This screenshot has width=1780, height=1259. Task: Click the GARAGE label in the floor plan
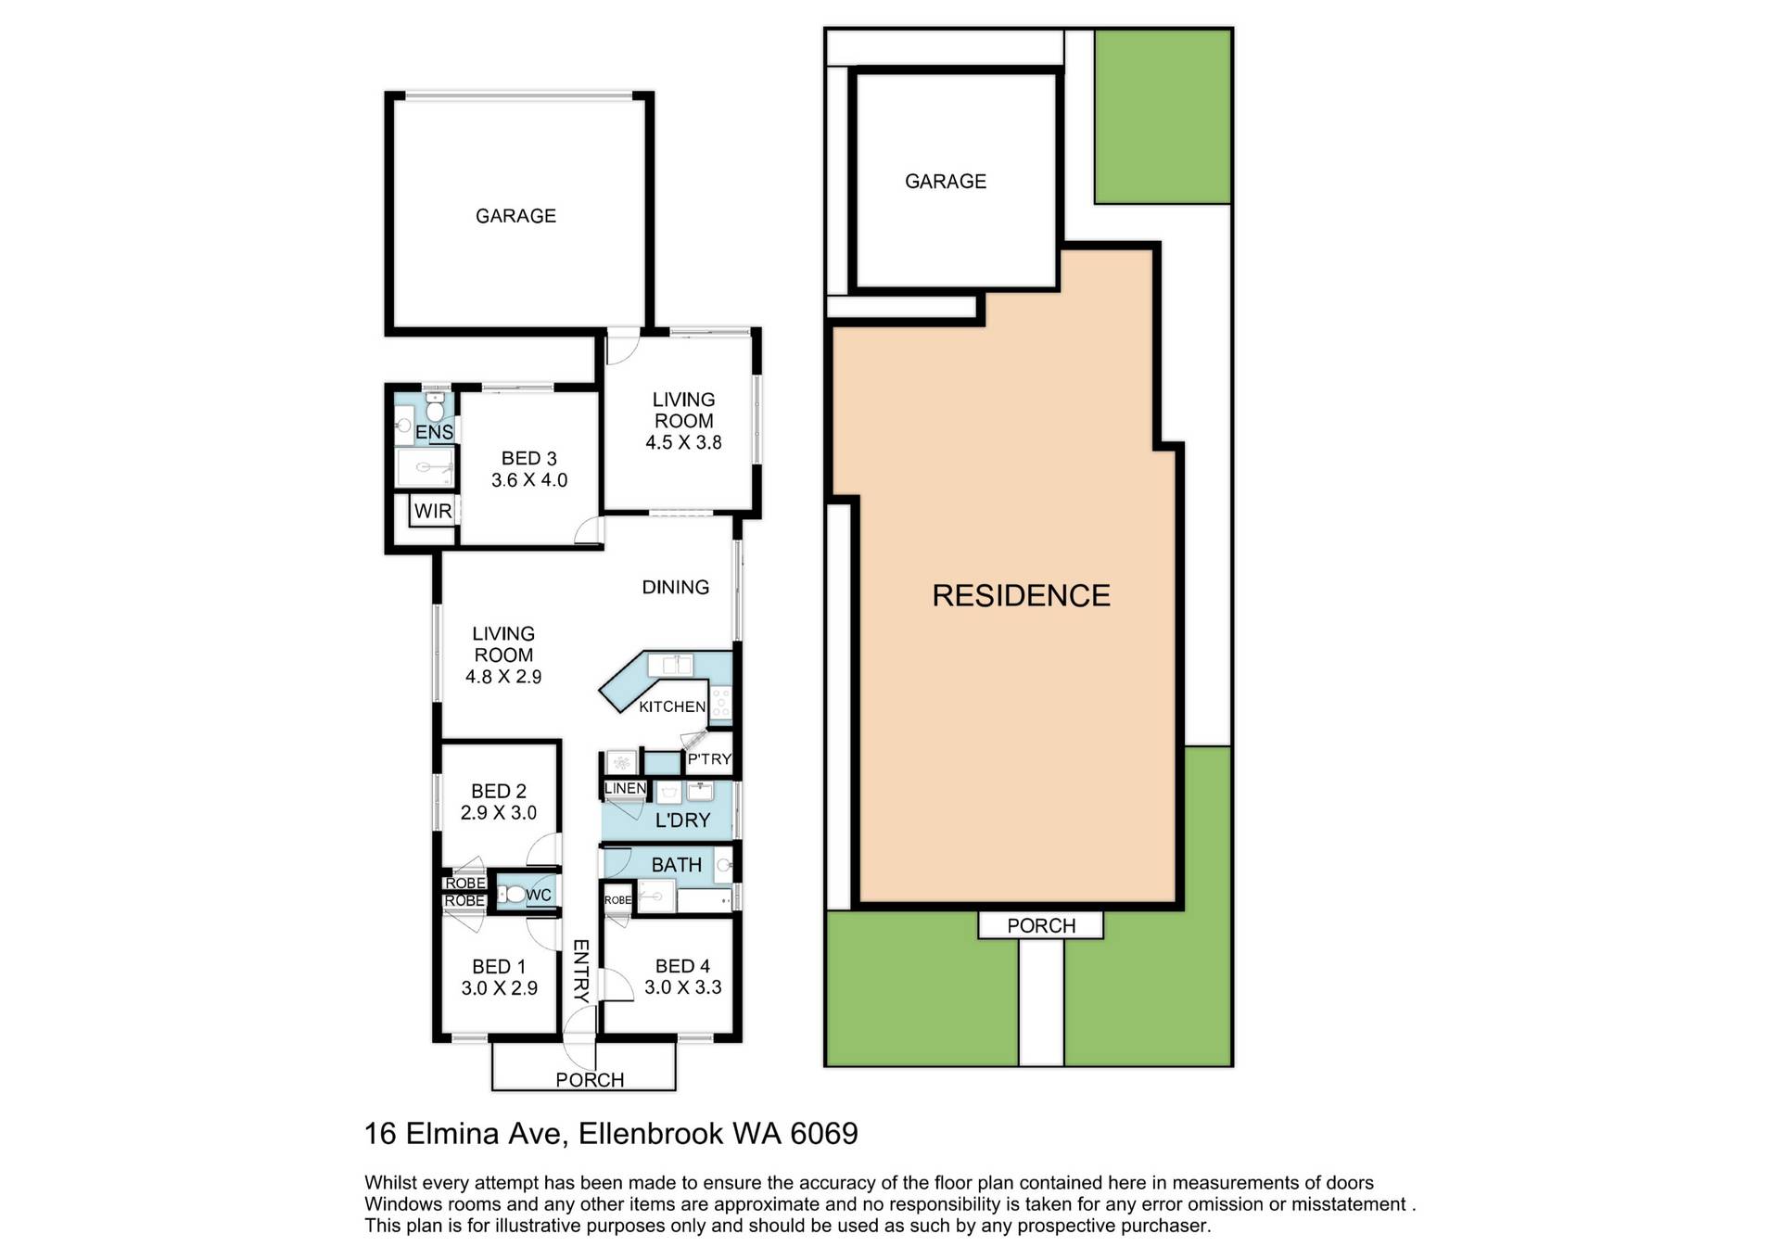[x=515, y=216]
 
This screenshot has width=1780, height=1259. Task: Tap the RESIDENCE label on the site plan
[x=1021, y=595]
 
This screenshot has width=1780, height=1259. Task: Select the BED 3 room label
[x=528, y=458]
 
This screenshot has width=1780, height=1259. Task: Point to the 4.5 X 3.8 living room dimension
[x=683, y=442]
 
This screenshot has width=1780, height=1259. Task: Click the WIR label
[x=433, y=511]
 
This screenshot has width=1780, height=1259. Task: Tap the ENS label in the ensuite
[x=434, y=432]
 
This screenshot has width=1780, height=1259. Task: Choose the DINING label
[x=675, y=587]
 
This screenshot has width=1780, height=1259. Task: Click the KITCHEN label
[x=672, y=706]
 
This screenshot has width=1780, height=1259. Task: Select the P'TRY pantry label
[x=709, y=759]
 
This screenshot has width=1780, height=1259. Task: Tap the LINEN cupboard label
[x=625, y=788]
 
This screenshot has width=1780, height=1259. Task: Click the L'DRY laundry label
[x=682, y=820]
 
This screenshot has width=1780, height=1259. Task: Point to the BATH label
[x=676, y=865]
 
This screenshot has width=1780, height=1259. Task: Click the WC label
[x=539, y=895]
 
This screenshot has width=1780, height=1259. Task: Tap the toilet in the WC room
[x=510, y=895]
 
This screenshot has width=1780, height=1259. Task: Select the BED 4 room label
[x=682, y=966]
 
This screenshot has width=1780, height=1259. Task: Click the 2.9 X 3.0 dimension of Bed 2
[x=499, y=812]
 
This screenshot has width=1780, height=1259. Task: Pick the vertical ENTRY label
[x=581, y=971]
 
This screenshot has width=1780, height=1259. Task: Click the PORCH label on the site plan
[x=1041, y=925]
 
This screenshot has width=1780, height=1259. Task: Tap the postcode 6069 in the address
[x=824, y=1133]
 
